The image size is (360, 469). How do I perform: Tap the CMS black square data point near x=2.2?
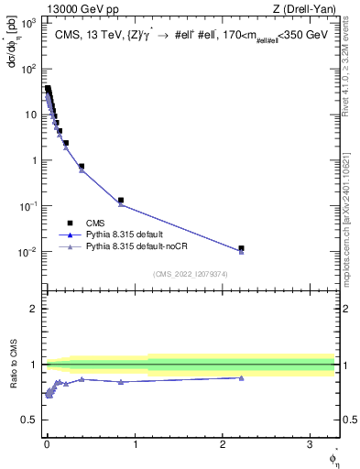(241, 248)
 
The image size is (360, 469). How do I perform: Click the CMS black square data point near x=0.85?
(121, 200)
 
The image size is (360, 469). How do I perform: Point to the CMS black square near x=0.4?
(82, 167)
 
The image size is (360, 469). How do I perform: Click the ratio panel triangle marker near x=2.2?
(241, 377)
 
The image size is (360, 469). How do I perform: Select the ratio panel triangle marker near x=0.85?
(121, 381)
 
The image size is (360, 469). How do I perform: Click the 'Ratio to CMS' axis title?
(13, 365)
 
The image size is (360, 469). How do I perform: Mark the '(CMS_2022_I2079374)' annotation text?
(191, 273)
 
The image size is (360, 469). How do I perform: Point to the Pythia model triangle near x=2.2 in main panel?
(241, 252)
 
